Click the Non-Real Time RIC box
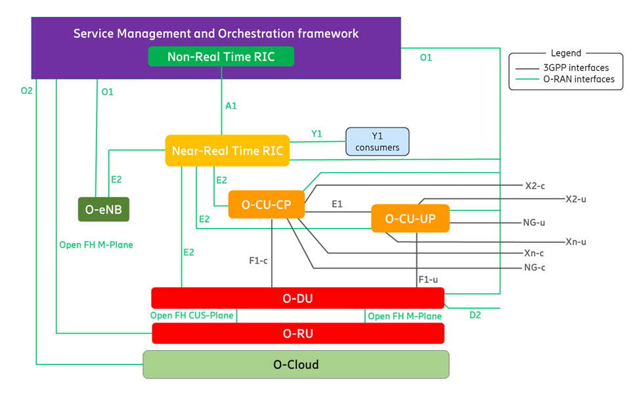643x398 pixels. [221, 56]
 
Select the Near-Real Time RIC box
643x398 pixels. [227, 150]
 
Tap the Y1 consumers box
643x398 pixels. [377, 141]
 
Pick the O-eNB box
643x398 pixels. [104, 210]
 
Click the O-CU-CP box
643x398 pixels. [267, 204]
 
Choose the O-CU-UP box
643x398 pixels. [410, 218]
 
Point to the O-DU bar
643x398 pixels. [298, 298]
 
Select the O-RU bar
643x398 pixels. [298, 333]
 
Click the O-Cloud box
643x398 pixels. [296, 364]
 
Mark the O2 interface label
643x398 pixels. [26, 91]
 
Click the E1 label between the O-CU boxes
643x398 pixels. [337, 204]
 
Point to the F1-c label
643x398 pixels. [258, 260]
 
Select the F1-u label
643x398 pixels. [428, 279]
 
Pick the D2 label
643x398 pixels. [475, 315]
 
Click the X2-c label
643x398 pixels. [535, 186]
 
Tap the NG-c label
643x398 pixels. [535, 267]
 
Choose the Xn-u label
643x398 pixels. [575, 242]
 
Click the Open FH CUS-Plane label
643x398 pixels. [192, 315]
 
